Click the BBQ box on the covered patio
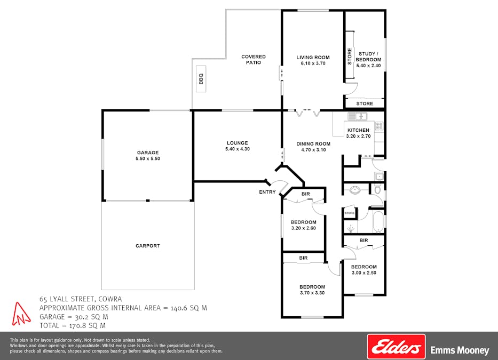click(201, 79)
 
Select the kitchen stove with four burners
click(379, 126)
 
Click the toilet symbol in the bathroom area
click(378, 189)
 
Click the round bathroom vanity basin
click(354, 190)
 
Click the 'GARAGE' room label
click(147, 153)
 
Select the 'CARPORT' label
click(147, 246)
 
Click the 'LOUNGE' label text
click(237, 143)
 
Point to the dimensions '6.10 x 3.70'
click(313, 63)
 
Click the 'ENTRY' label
click(267, 192)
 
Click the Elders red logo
click(396, 347)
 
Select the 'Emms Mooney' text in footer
click(460, 350)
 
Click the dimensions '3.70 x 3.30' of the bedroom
click(312, 293)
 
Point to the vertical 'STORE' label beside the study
click(350, 57)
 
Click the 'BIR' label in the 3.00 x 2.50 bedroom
click(363, 241)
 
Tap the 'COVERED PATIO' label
click(253, 60)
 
